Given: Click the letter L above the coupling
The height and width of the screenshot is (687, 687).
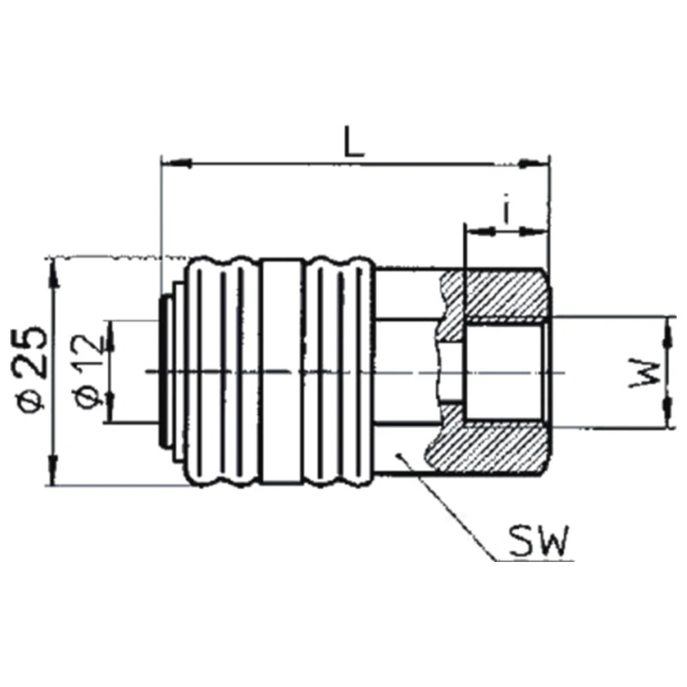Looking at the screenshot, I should (354, 142).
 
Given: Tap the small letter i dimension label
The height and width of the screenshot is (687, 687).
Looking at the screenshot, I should (506, 213).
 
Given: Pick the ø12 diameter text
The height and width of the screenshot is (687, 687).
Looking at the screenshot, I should (91, 371).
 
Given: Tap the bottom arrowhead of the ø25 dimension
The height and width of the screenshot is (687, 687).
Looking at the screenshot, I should (54, 471).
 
